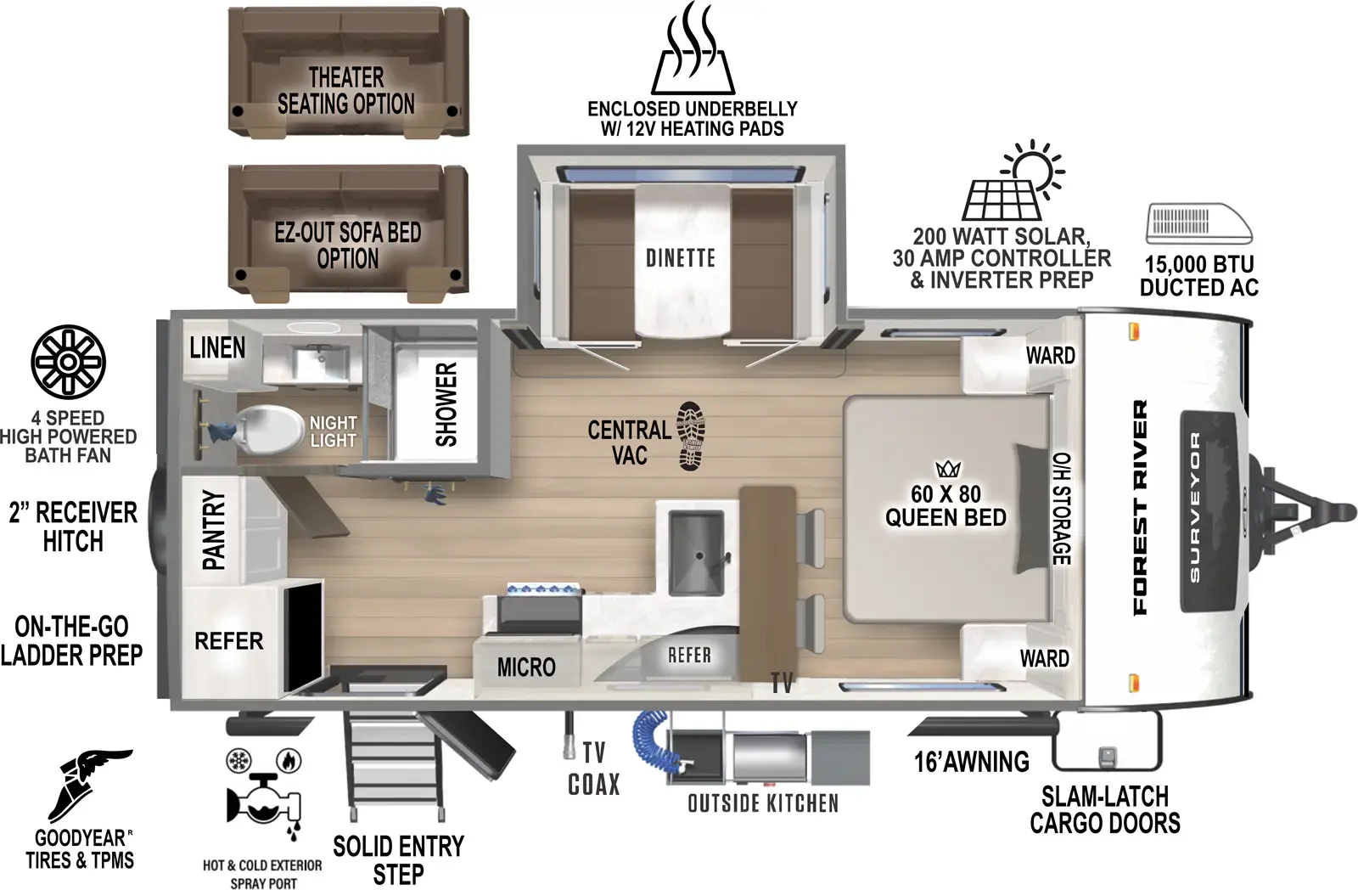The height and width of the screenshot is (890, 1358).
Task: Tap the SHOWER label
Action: [x=446, y=404]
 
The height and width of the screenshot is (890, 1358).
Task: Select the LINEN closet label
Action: [x=217, y=348]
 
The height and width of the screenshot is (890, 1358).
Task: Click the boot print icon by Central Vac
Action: [x=691, y=436]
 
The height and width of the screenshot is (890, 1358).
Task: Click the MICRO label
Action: [x=526, y=667]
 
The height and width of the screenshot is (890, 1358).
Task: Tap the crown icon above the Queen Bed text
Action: [x=946, y=469]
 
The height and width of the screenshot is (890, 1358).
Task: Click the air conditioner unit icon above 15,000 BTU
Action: [x=1198, y=223]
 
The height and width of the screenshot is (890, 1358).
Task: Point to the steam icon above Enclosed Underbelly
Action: [x=693, y=51]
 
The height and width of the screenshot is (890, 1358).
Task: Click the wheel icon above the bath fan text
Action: [x=68, y=362]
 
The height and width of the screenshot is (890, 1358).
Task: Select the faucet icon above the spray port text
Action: [x=263, y=794]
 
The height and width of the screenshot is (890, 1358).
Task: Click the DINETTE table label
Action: [x=681, y=258]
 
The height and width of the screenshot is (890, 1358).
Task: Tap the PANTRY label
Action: [x=214, y=530]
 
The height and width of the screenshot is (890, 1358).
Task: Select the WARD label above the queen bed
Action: [x=1050, y=356]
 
